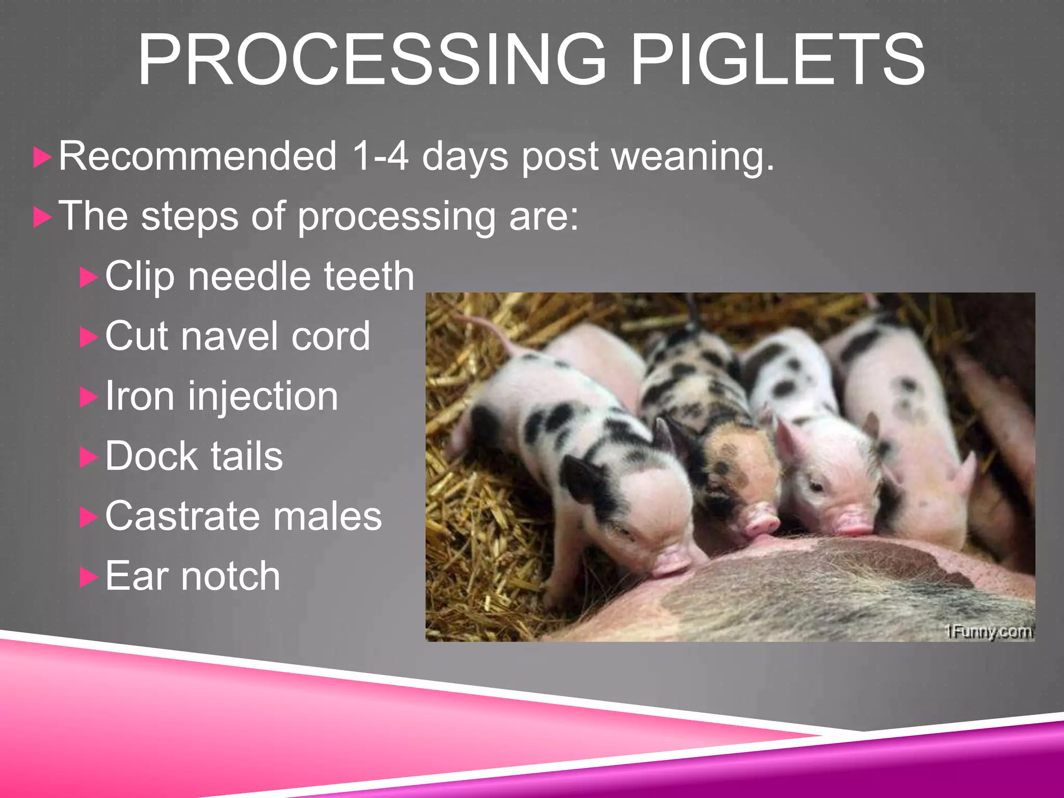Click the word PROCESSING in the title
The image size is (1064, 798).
click(371, 59)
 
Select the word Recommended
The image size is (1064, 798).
click(197, 155)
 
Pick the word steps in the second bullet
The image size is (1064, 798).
click(190, 216)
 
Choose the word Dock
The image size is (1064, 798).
click(151, 456)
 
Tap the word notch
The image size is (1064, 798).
click(231, 576)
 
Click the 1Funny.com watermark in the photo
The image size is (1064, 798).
click(988, 632)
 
